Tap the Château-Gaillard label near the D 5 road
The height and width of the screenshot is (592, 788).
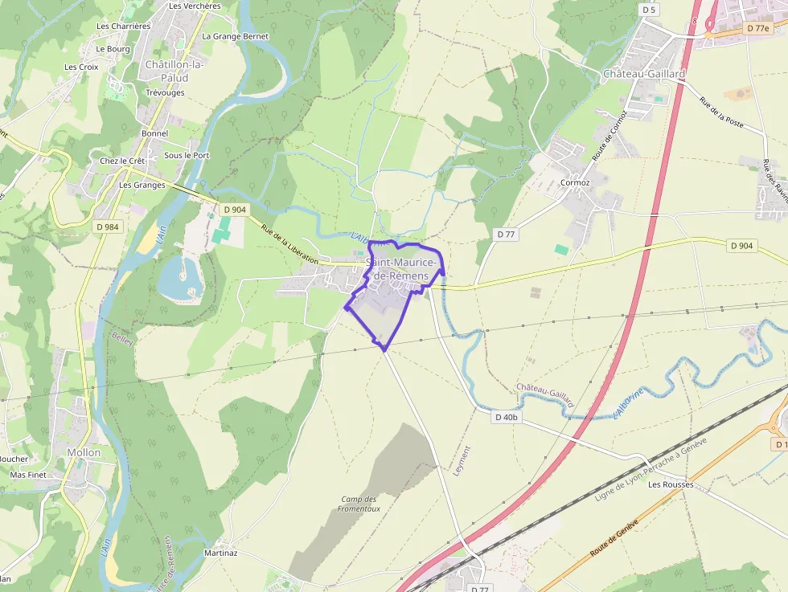pos(644,74)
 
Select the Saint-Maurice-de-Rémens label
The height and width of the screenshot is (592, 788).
pos(402,269)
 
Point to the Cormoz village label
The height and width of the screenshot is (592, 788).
pos(574,182)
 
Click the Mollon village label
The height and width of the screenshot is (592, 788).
pos(84,452)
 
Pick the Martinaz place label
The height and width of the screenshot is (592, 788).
pos(220,553)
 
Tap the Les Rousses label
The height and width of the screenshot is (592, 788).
pos(671,484)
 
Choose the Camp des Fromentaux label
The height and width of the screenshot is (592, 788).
pos(359,504)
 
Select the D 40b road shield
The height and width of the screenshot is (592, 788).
pos(507,417)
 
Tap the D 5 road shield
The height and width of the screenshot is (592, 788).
pos(649,10)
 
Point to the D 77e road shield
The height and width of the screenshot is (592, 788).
pos(757,28)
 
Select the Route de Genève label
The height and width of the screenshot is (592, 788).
pos(614,538)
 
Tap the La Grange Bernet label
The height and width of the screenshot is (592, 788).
pos(236,36)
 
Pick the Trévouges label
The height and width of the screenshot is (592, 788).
pos(165,92)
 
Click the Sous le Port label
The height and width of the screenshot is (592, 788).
pos(187,155)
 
